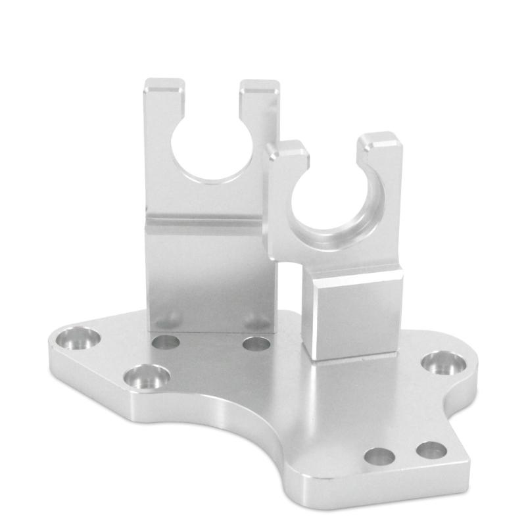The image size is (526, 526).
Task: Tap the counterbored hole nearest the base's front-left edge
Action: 147,377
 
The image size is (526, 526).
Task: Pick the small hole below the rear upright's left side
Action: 165,342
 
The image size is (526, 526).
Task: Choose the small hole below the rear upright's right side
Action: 256,343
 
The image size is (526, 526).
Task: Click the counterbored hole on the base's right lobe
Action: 444,363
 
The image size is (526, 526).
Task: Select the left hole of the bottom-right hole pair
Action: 379,456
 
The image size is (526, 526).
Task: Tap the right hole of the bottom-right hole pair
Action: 431,450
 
